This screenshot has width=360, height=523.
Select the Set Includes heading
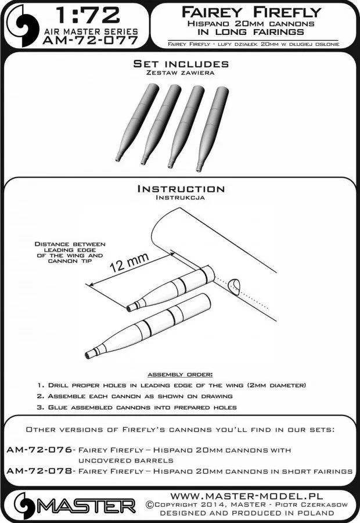click(180, 63)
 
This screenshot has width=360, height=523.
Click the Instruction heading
click(180, 189)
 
